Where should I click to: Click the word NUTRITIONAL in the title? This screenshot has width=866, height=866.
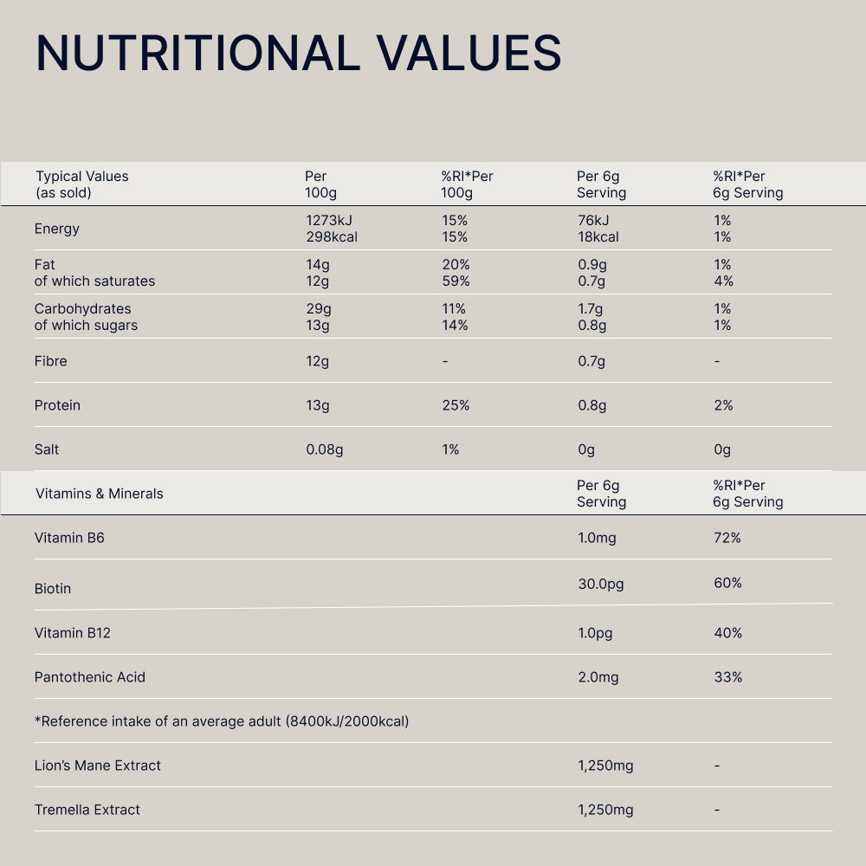click(197, 53)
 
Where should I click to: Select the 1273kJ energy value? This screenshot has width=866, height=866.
click(329, 221)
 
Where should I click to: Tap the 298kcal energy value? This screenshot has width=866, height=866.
click(332, 237)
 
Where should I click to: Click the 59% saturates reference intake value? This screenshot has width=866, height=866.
click(456, 281)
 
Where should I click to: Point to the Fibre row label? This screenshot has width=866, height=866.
click(50, 361)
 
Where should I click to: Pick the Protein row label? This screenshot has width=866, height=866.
click(57, 405)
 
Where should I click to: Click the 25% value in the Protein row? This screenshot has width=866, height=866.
click(456, 405)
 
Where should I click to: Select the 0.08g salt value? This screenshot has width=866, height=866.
click(325, 449)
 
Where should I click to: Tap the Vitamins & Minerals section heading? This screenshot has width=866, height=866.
click(99, 494)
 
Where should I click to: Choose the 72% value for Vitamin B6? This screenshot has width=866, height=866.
click(727, 538)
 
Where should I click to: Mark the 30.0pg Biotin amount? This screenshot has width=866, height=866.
click(601, 584)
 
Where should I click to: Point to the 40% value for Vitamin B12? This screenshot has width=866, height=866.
click(727, 633)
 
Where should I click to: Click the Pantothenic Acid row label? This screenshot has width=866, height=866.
click(90, 677)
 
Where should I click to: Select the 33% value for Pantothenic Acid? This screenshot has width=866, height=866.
click(727, 677)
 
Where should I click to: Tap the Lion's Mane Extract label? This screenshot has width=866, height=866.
click(98, 766)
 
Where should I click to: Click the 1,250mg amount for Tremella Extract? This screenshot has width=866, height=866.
click(605, 810)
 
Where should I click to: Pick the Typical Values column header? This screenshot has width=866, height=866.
click(81, 177)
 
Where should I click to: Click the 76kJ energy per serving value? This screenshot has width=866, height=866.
click(593, 221)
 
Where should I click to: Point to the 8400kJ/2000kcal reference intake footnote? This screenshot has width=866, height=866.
click(346, 721)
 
